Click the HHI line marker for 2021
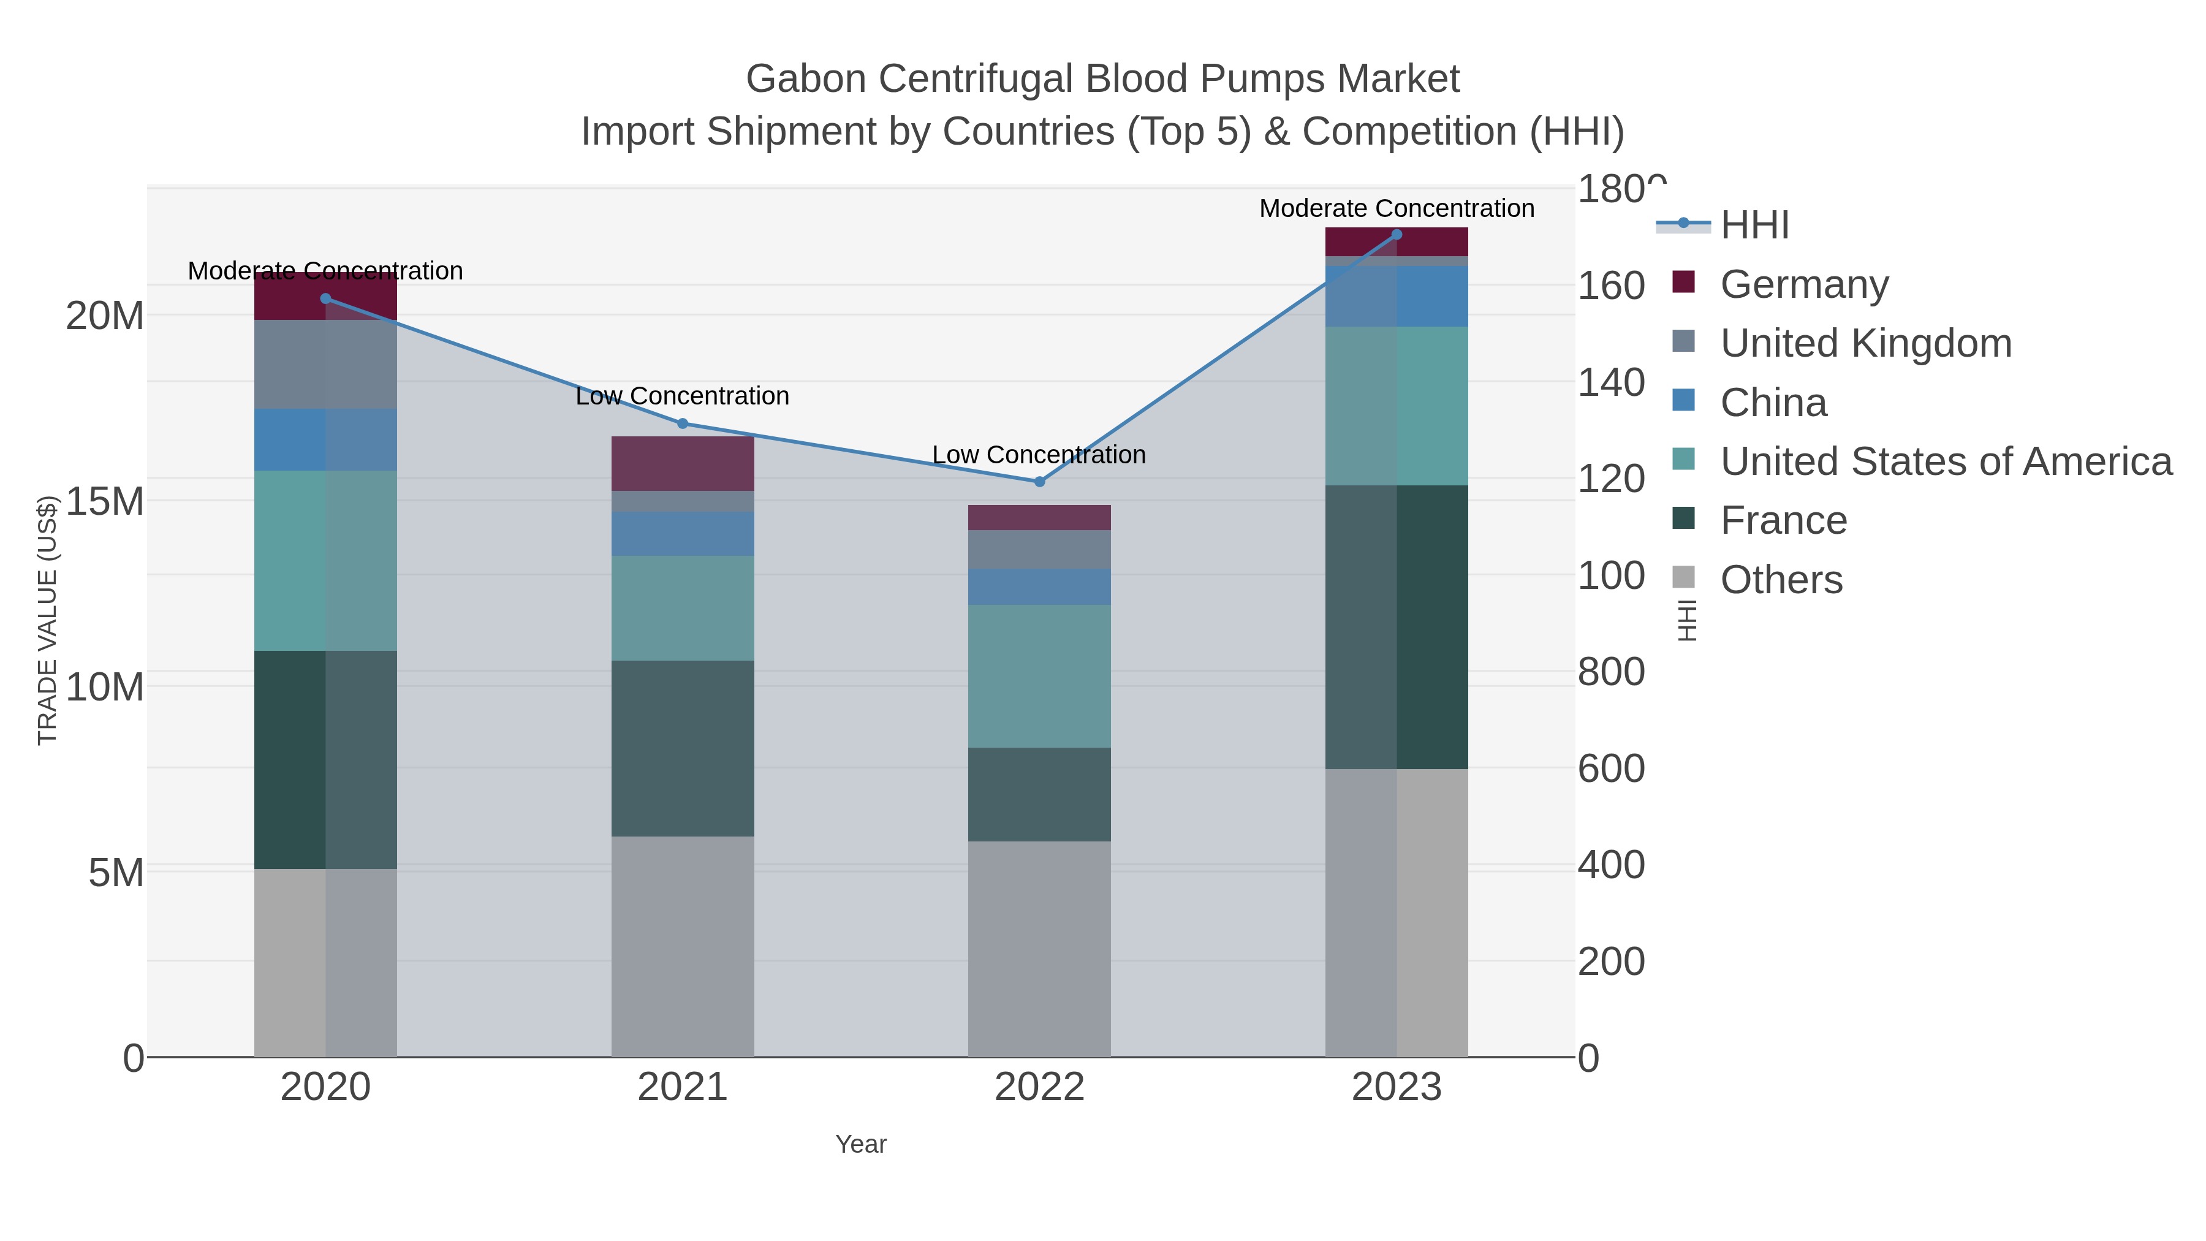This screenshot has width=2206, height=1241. click(683, 423)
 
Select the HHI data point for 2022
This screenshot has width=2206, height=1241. click(1040, 481)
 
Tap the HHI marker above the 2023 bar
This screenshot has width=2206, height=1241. click(1397, 235)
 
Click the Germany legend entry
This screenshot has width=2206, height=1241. click(1803, 284)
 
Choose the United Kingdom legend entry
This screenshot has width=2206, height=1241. click(1865, 343)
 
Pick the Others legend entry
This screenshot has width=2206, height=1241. click(1780, 579)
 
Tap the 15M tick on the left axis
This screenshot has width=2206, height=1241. click(104, 501)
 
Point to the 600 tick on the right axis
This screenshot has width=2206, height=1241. click(1612, 769)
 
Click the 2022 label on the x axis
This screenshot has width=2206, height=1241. click(1040, 1087)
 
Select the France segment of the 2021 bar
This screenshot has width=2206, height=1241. click(683, 748)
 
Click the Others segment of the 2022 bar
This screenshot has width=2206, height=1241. click(1040, 948)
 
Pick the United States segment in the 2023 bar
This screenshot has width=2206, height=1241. click(1397, 405)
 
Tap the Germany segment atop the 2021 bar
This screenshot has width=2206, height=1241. click(683, 463)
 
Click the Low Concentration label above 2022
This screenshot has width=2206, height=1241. click(1039, 454)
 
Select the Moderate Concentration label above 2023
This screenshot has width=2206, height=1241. click(1397, 208)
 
